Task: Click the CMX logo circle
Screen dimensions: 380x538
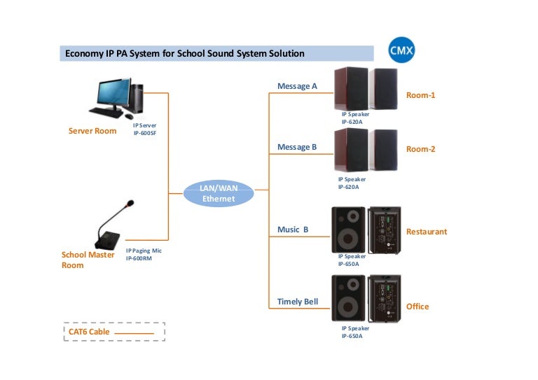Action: (x=402, y=50)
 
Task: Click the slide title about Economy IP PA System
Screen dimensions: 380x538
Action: (x=185, y=53)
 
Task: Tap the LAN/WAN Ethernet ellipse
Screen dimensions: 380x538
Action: (x=218, y=194)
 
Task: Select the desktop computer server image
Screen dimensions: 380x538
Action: (x=117, y=99)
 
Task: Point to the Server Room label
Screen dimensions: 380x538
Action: (x=92, y=131)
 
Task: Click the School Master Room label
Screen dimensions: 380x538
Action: (x=88, y=260)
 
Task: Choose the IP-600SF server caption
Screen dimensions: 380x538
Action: (x=144, y=129)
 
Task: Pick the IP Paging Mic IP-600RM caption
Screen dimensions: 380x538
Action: (x=144, y=254)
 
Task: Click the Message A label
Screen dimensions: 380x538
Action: (x=297, y=86)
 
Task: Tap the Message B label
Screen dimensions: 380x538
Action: (x=297, y=147)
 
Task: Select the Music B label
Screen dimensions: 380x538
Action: (x=293, y=230)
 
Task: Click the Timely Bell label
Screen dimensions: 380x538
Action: (x=297, y=302)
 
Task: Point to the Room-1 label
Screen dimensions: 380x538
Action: (x=420, y=94)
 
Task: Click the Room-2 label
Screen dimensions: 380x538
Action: (x=420, y=149)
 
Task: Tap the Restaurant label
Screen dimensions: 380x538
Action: (x=426, y=232)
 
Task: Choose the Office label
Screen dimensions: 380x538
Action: (x=418, y=307)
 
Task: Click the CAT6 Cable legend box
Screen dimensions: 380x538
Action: (x=114, y=331)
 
